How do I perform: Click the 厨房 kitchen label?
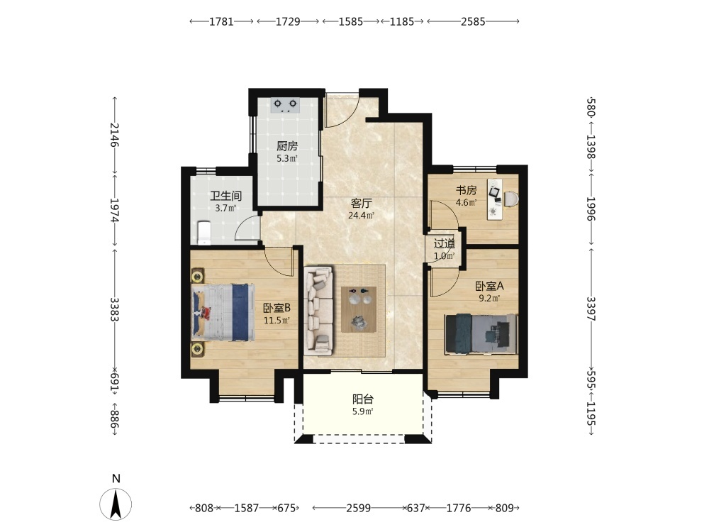point(287,146)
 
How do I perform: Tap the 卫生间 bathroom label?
point(225,196)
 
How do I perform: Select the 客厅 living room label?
point(362,204)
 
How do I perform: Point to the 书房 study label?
point(466,190)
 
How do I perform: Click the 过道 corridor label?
point(445,244)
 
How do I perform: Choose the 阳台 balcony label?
point(363,399)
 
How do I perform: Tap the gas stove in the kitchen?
point(285,105)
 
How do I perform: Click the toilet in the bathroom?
point(204,232)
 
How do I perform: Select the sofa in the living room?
point(318,310)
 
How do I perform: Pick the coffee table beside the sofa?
point(359,310)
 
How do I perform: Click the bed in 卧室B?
point(222,312)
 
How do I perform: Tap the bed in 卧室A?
point(481,334)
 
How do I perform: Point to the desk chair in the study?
point(511,199)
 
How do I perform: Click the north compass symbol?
point(116,504)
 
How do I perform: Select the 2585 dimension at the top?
point(473,21)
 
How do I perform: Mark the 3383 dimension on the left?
point(115,309)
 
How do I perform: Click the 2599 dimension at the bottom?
point(359,508)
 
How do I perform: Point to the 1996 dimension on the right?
point(591,209)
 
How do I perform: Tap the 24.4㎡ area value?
point(362,216)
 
